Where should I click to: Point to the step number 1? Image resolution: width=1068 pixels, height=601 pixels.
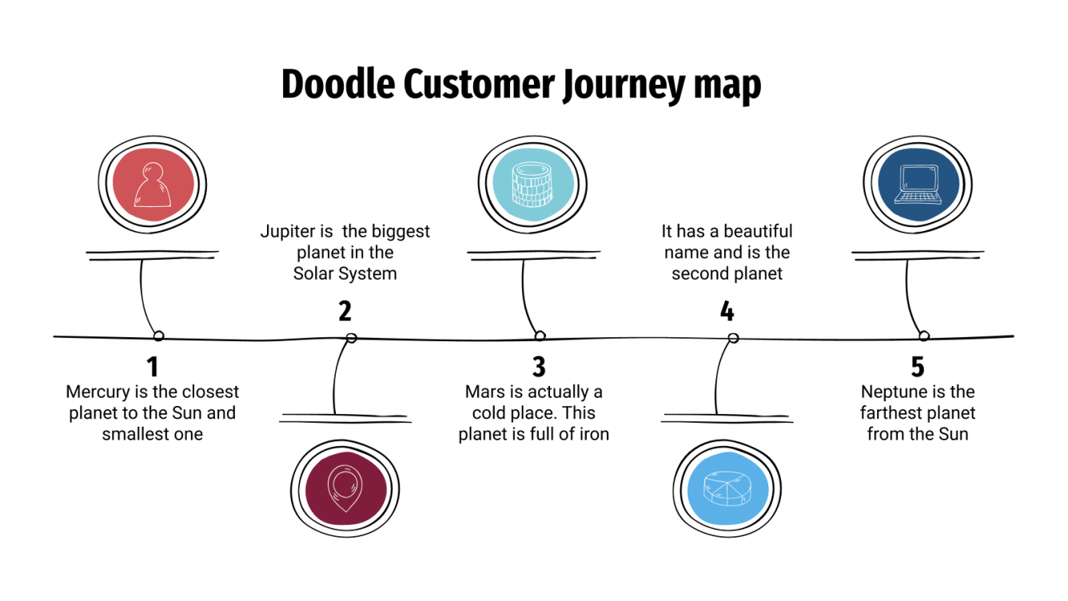(152, 367)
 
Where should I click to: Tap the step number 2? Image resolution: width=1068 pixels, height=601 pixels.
(345, 311)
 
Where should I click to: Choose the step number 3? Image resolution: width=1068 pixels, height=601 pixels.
(539, 367)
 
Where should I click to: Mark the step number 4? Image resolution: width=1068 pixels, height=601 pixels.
(727, 311)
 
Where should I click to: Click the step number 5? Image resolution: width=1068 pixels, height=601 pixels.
(917, 367)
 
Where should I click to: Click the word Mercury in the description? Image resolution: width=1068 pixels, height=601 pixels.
(97, 392)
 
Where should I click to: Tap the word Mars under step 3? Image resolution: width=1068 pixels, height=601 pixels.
(484, 392)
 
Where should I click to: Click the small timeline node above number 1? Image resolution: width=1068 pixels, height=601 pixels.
(158, 336)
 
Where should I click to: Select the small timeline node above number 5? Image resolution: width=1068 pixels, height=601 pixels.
(923, 336)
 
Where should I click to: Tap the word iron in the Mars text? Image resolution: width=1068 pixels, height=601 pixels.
(593, 435)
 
